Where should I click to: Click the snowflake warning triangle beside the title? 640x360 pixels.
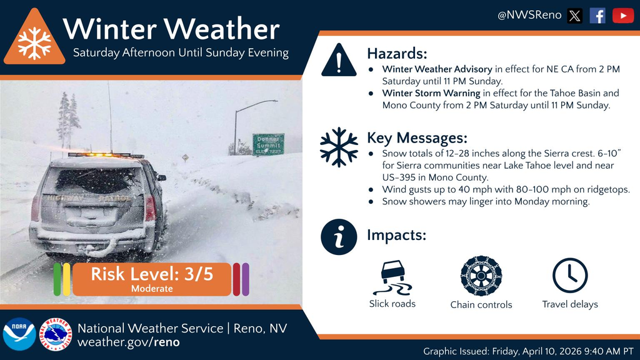coord(34,41)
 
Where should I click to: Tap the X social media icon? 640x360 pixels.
coord(575,16)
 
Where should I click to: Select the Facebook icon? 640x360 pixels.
coord(597,16)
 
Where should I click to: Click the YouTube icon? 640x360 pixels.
coord(622,16)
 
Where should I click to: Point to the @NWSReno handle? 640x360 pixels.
coord(529,16)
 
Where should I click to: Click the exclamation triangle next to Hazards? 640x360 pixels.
coord(339,61)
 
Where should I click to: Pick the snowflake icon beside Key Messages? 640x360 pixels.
coord(339,147)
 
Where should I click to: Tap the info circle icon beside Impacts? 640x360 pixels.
coord(339,237)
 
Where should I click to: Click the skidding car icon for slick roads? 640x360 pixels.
coord(392,277)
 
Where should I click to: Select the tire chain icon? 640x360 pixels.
coord(481,276)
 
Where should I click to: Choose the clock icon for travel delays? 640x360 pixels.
coord(570,276)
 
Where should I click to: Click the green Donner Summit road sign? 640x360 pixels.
coord(268,144)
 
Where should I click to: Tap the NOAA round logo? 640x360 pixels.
coord(19,334)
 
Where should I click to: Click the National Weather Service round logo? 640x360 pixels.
coord(56,334)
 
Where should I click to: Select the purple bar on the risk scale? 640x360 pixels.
coord(246,279)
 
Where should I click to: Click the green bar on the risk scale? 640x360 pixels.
coord(57,279)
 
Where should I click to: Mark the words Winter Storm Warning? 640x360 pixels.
coord(431,93)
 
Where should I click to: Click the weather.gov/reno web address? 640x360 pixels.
coord(128,342)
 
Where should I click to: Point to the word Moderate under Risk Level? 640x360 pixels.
coord(151,289)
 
